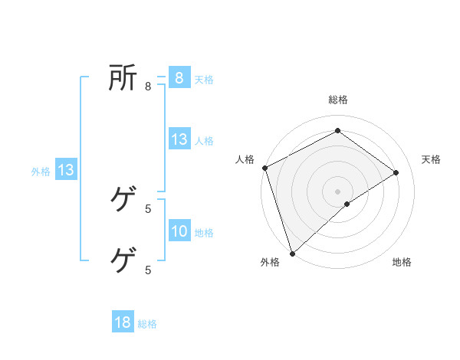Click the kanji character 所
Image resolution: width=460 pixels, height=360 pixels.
(x=123, y=77)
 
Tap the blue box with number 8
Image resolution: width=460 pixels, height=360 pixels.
(x=179, y=77)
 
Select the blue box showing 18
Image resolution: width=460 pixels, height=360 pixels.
(x=123, y=322)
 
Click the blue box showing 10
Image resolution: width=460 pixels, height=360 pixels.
(x=179, y=231)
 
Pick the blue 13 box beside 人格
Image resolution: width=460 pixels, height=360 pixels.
(x=179, y=139)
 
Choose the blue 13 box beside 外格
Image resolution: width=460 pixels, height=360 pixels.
(x=66, y=170)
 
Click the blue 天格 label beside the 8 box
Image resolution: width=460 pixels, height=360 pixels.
(x=204, y=79)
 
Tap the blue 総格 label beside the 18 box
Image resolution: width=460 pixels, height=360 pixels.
(x=147, y=324)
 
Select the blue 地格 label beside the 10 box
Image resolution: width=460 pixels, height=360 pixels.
(x=204, y=233)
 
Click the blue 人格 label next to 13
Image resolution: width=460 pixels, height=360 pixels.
(x=204, y=141)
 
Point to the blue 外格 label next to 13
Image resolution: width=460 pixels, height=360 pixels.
(x=41, y=172)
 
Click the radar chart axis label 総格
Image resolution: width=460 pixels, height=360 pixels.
(x=337, y=100)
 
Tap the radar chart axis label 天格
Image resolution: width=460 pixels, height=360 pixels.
(x=432, y=159)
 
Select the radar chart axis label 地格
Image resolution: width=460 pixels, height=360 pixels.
(x=402, y=262)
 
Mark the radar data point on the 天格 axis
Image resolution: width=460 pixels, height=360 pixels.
(x=396, y=172)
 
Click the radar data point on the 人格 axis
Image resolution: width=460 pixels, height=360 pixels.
(x=264, y=168)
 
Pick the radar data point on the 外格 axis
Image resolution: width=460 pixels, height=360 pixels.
(x=292, y=253)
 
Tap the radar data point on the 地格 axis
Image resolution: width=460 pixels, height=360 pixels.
(x=347, y=204)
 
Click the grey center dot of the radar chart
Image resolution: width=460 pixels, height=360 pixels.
(x=337, y=191)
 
